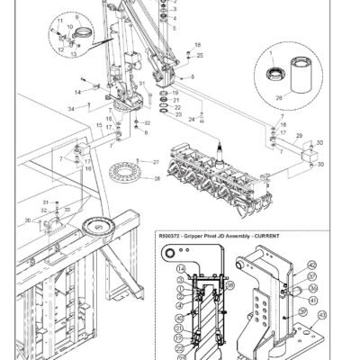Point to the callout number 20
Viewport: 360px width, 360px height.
(29, 220)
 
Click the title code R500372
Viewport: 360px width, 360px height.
(173, 236)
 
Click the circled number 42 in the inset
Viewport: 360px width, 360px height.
(311, 265)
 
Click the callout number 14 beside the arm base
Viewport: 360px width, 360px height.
(78, 92)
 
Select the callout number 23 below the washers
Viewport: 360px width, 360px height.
(179, 114)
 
